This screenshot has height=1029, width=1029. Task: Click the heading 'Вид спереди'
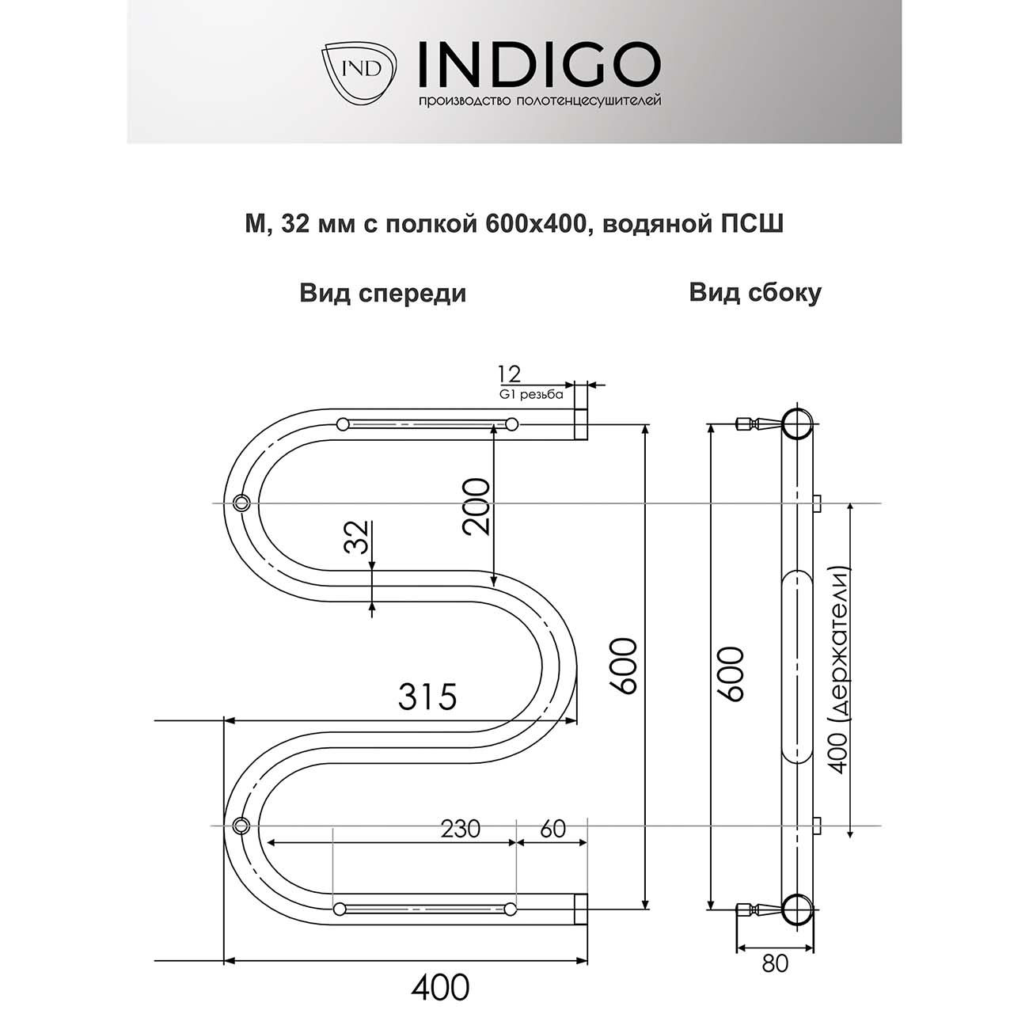pyautogui.click(x=382, y=294)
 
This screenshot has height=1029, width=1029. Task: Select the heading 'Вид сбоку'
pyautogui.click(x=754, y=293)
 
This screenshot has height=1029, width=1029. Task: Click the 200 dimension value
pyautogui.click(x=477, y=507)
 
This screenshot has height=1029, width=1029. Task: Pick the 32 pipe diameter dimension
pyautogui.click(x=356, y=537)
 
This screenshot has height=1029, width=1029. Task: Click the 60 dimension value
pyautogui.click(x=552, y=829)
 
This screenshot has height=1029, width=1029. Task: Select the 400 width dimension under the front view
pyautogui.click(x=440, y=987)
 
